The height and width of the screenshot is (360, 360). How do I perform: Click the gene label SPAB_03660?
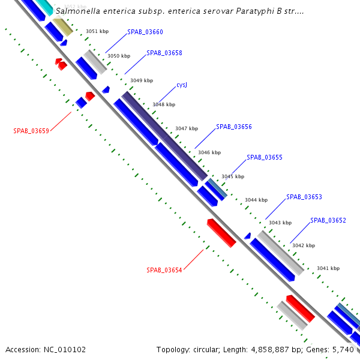[145, 32]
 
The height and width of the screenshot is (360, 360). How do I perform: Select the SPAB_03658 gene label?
[164, 53]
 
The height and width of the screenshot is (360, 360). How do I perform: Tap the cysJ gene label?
[182, 85]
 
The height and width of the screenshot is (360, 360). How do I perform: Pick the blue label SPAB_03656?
[234, 127]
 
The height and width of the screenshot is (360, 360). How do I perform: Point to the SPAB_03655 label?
[265, 157]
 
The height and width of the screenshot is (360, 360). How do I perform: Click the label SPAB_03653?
[304, 197]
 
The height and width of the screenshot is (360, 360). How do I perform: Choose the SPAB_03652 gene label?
[328, 220]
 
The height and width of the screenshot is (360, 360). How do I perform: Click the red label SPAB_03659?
[31, 130]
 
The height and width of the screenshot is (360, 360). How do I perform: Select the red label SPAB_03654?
[164, 270]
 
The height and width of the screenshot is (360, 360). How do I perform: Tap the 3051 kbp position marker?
[97, 31]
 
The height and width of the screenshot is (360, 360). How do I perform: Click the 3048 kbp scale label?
[164, 104]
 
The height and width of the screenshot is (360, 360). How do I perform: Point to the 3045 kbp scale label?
[233, 176]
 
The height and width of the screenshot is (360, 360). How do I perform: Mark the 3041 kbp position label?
[328, 268]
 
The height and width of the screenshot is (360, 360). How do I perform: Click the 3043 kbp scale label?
[280, 223]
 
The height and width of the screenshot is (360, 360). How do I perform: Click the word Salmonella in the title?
[77, 11]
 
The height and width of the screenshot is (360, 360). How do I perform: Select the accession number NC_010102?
[64, 349]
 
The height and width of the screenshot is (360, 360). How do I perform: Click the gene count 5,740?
[344, 349]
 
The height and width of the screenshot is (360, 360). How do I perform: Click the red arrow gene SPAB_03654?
[221, 233]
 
